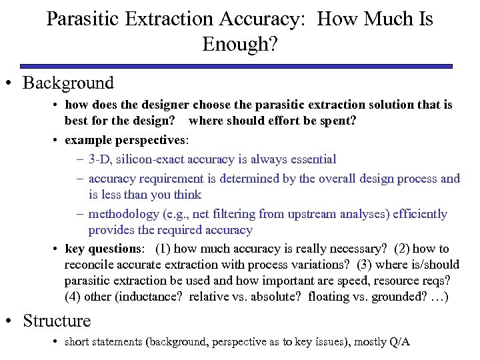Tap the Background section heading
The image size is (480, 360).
[68, 83]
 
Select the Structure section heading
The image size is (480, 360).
[56, 321]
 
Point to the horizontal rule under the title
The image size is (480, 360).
[236, 66]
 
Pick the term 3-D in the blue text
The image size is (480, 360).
[99, 159]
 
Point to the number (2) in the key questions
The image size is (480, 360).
[403, 249]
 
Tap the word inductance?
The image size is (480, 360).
[153, 296]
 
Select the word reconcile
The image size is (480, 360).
[90, 265]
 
